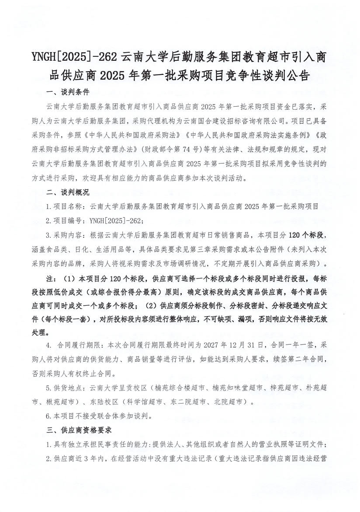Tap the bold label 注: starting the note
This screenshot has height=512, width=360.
click(51, 279)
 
